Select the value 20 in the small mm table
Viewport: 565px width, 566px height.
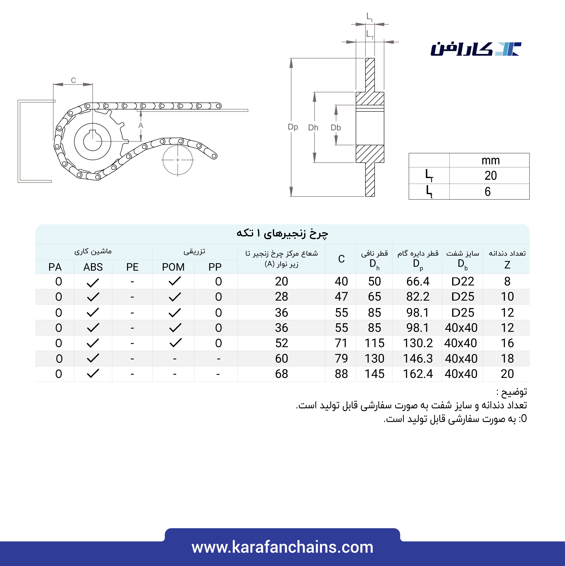(x=490, y=175)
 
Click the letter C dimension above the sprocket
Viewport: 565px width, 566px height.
(x=73, y=80)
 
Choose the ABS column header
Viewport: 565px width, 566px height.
(x=93, y=267)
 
